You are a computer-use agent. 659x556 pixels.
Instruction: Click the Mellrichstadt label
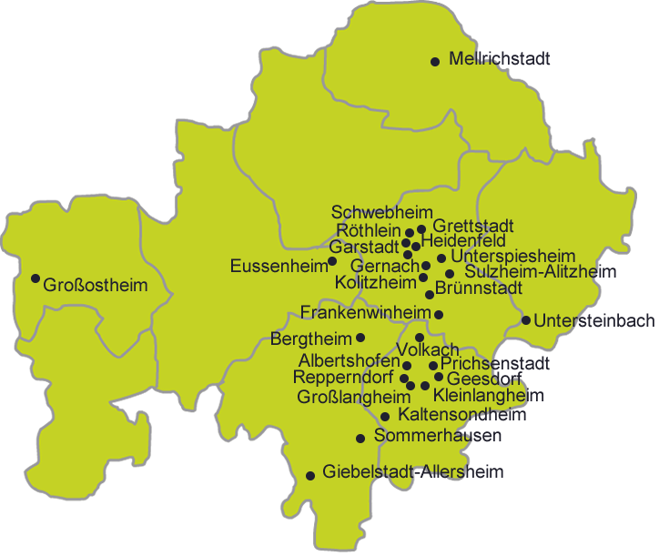(500, 60)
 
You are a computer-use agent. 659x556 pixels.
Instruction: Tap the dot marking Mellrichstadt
(435, 62)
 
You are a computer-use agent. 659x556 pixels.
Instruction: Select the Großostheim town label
(96, 286)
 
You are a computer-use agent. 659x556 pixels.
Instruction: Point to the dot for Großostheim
(35, 278)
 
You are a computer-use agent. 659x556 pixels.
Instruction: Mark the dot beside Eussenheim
(332, 261)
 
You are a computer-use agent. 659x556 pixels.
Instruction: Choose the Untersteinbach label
(594, 320)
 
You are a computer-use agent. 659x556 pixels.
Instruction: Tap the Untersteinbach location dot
(526, 319)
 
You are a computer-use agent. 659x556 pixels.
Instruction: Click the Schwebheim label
(369, 212)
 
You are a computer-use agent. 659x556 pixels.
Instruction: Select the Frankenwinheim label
(365, 313)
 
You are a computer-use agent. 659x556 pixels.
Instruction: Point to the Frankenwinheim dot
(439, 315)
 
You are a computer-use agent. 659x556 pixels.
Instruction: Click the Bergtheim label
(311, 339)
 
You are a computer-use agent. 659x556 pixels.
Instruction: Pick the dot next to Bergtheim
(360, 338)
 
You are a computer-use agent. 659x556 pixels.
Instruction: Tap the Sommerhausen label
(438, 437)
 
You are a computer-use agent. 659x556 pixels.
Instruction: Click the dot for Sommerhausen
(360, 438)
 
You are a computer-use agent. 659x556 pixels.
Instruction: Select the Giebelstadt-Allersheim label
(413, 471)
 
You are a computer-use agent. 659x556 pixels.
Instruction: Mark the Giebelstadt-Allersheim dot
(310, 474)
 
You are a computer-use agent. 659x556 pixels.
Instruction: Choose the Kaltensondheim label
(462, 416)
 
